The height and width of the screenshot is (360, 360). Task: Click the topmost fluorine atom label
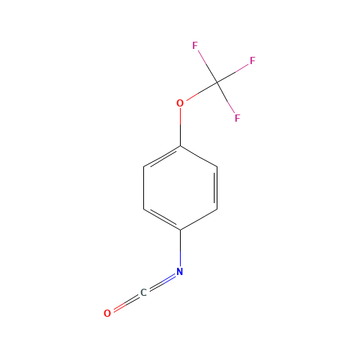tap(195, 45)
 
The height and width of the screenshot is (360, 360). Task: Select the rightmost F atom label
tap(253, 61)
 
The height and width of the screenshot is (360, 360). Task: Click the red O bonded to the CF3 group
tap(180, 103)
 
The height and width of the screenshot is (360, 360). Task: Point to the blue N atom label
tap(180, 271)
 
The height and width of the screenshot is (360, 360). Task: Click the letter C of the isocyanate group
tap(143, 292)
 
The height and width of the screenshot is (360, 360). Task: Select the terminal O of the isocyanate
tap(107, 313)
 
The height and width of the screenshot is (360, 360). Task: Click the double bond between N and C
tap(161, 282)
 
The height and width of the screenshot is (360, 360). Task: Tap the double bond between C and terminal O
tap(125, 303)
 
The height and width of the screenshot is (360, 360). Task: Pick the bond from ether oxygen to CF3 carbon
tap(198, 93)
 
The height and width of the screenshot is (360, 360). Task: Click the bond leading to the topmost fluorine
tap(205, 64)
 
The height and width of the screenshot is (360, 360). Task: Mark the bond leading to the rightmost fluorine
tap(234, 72)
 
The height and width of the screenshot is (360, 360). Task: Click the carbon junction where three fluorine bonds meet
tap(216, 83)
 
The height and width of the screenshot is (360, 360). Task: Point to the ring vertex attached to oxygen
tap(180, 145)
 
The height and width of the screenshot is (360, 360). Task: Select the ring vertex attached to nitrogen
tap(180, 230)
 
